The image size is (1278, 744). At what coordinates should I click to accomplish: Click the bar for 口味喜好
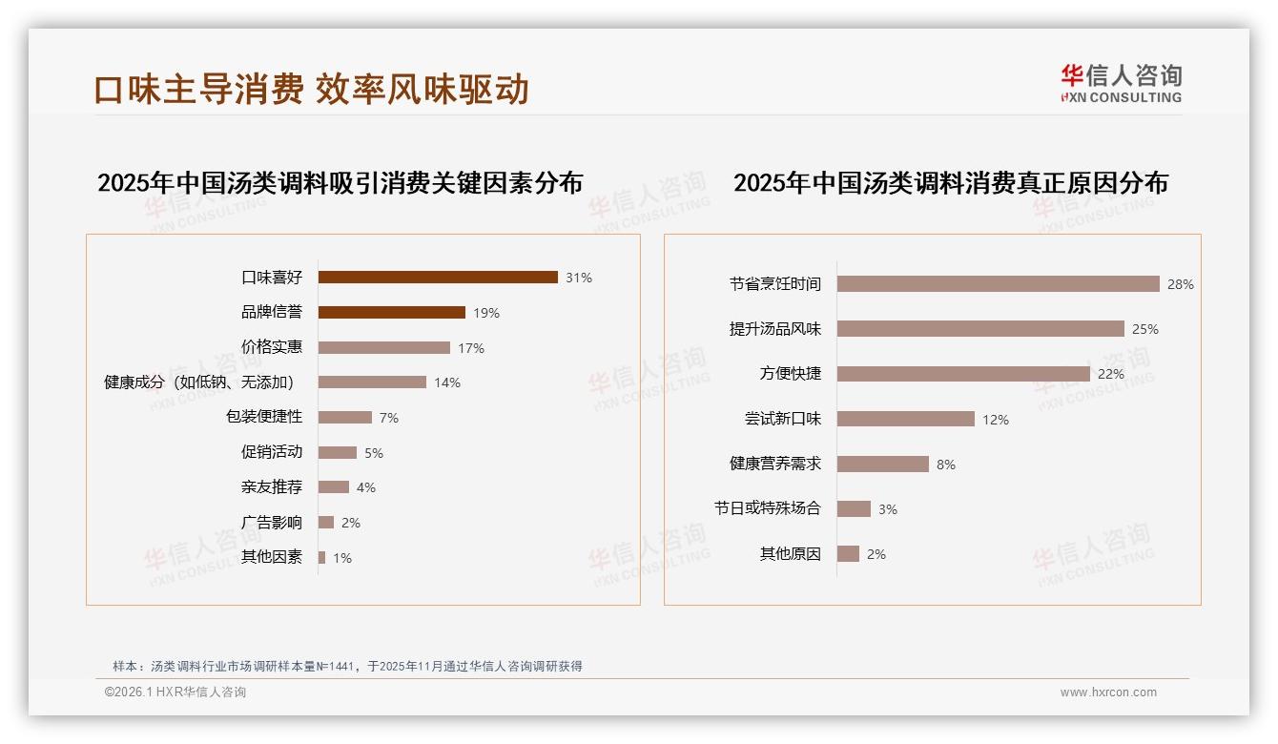tap(438, 278)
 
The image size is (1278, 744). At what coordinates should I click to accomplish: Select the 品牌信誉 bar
tap(391, 313)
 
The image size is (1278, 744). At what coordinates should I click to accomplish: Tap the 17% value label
tap(471, 348)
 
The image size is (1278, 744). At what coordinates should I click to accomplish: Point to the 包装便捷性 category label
tap(264, 417)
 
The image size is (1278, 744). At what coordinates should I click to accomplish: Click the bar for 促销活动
tap(337, 452)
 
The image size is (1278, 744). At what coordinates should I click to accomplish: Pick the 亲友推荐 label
tap(272, 487)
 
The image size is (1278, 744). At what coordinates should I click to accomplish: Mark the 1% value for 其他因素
tap(342, 558)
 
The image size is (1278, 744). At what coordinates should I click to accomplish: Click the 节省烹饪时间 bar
tap(998, 284)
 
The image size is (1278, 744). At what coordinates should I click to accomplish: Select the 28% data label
tap(1181, 284)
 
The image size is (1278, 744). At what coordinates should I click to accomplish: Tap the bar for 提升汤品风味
tap(980, 329)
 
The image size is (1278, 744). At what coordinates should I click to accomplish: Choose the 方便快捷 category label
tap(791, 373)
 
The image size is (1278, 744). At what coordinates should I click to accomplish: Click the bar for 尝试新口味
tap(906, 419)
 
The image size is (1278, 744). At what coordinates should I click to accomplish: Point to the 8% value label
tap(946, 465)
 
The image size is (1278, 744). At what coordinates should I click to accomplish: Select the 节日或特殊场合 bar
tap(854, 509)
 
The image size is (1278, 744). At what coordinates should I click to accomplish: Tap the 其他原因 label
tap(791, 553)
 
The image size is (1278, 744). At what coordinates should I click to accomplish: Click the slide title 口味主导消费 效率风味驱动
tap(311, 90)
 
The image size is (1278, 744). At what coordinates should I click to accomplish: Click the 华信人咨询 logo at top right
tap(1121, 83)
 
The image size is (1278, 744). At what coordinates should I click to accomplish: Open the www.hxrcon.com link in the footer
tap(1108, 692)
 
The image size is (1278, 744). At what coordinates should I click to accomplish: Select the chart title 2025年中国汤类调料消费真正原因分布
tap(950, 183)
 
